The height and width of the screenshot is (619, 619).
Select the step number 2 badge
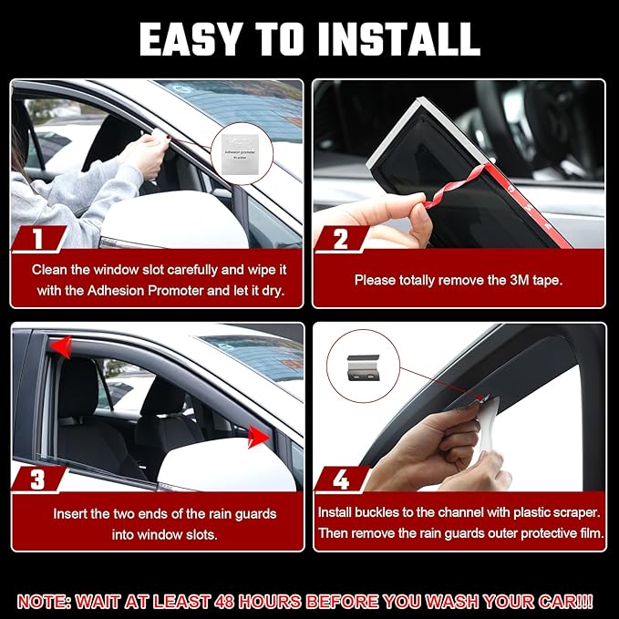pos(340,240)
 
